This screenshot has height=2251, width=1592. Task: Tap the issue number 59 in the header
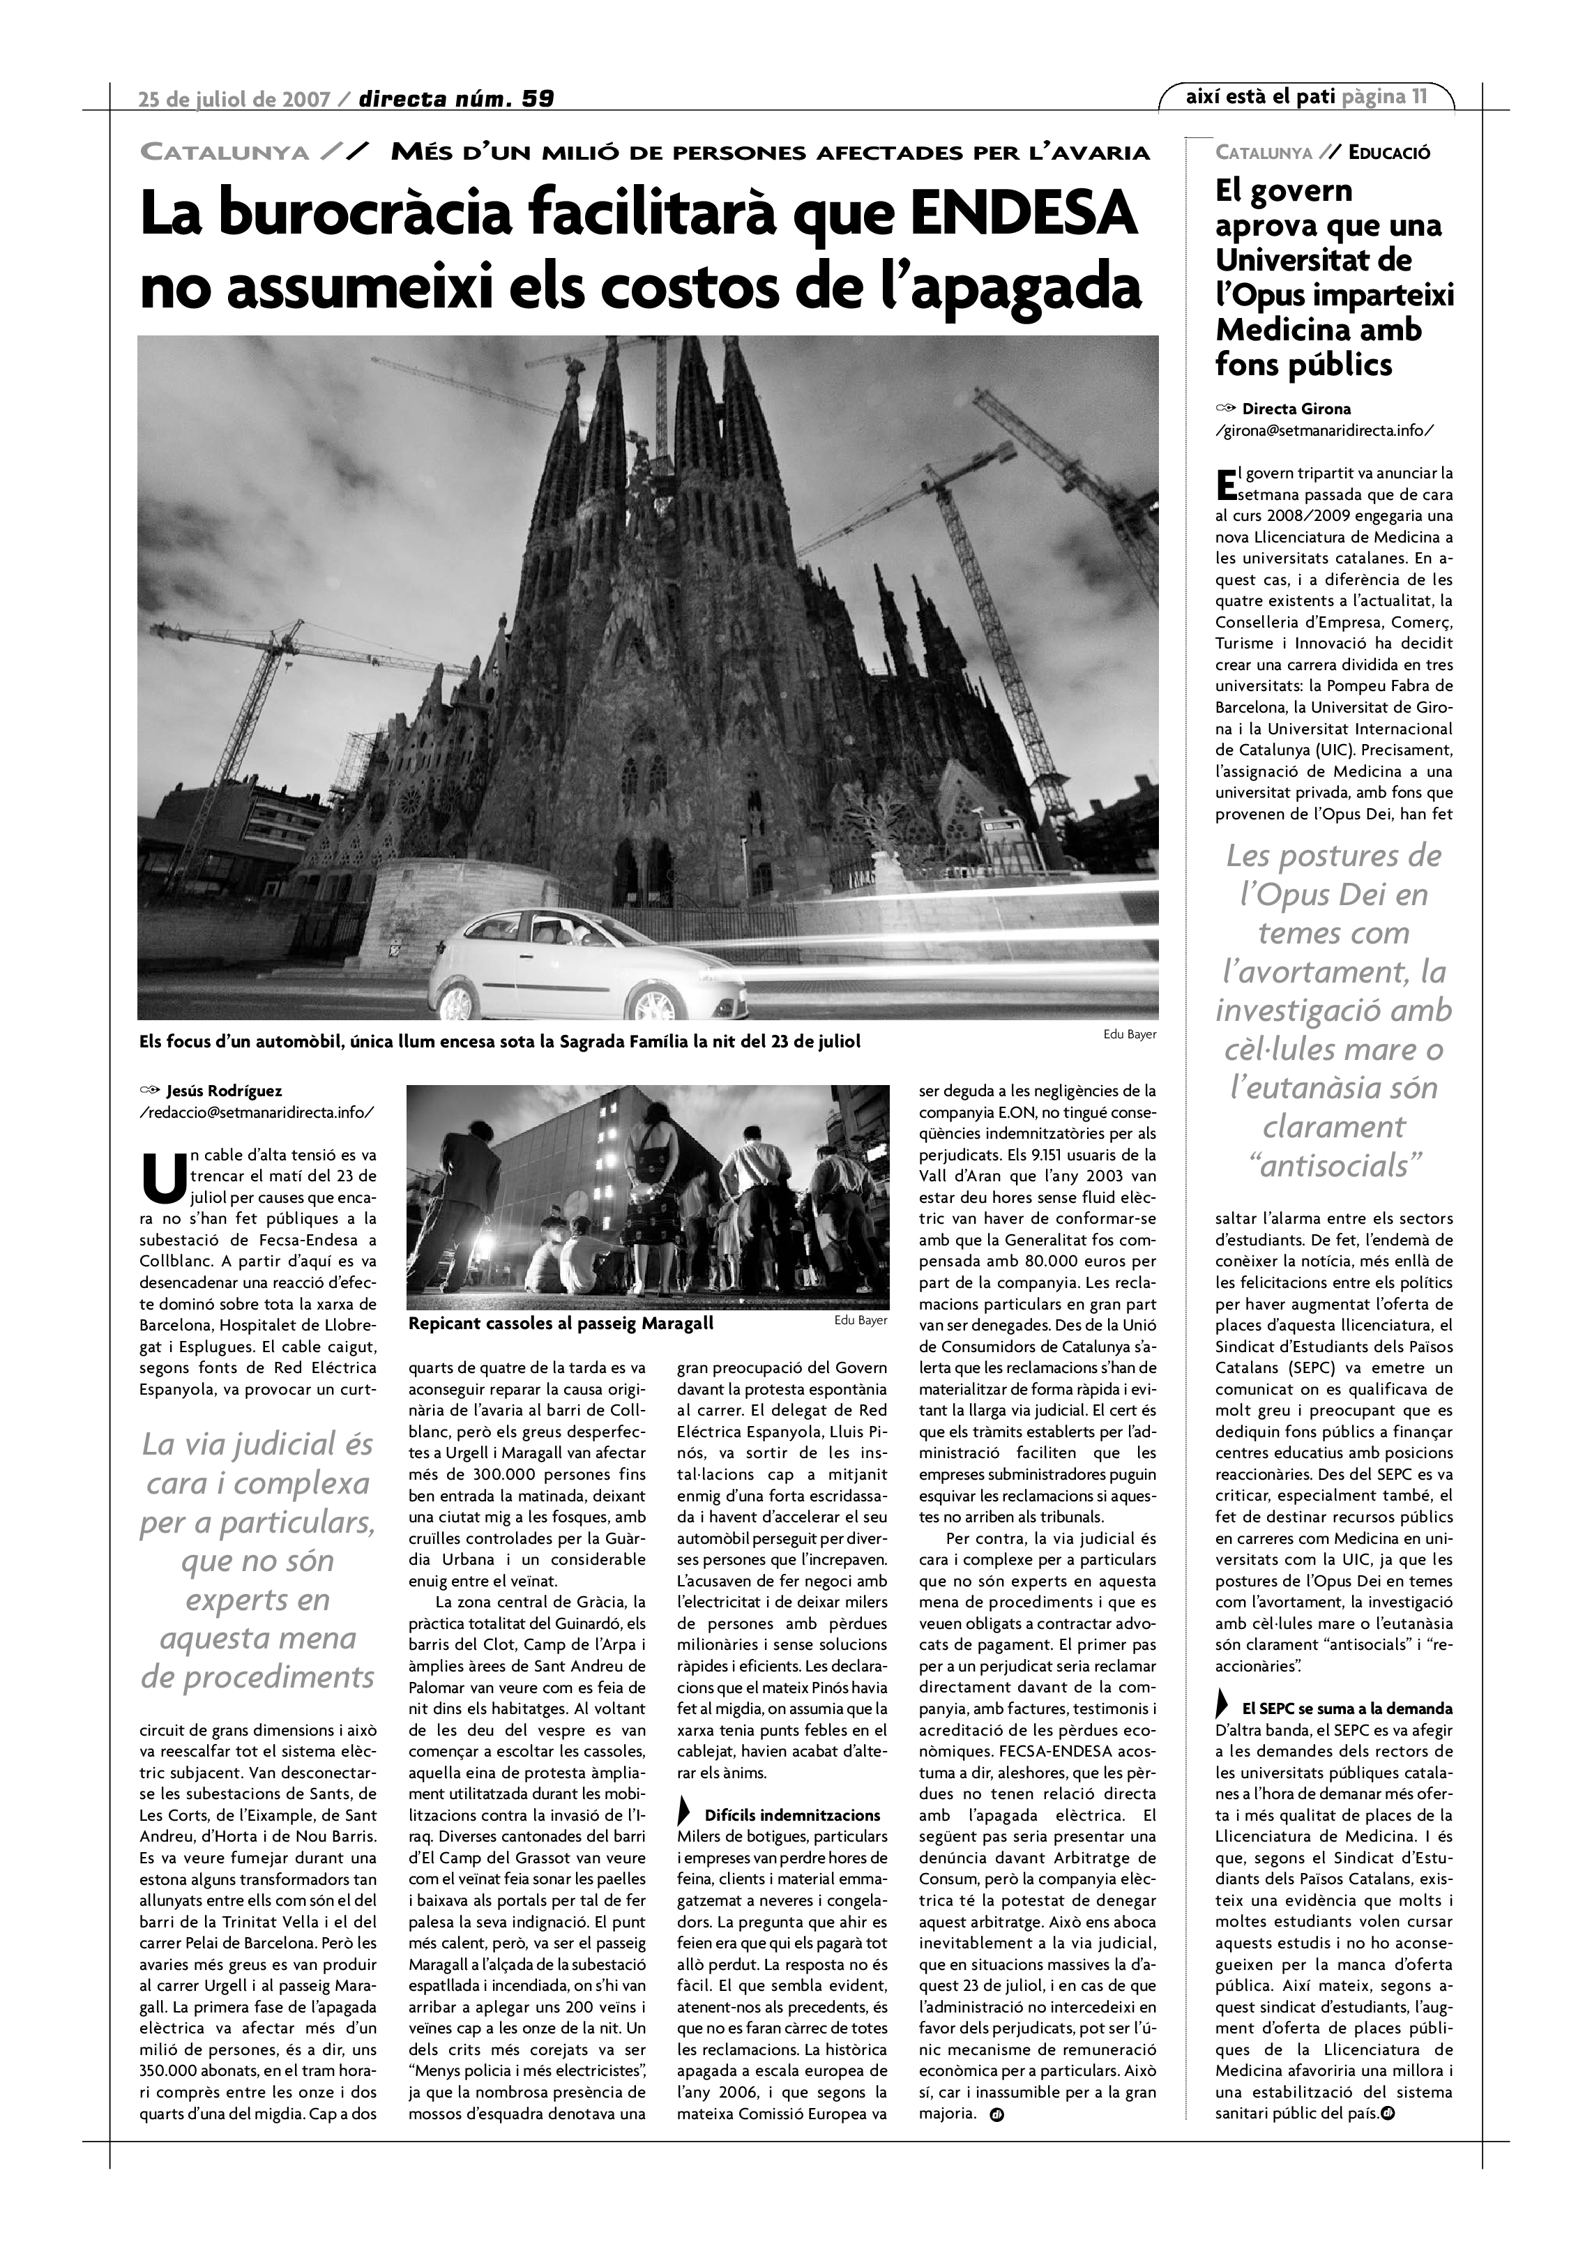537,98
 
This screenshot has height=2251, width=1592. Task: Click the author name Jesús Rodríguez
225,1090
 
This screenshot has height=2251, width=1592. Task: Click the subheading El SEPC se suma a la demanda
1347,1736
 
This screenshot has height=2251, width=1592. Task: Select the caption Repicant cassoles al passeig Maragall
561,1324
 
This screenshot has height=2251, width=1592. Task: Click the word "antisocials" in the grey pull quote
1333,1166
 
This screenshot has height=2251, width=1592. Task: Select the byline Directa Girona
1296,409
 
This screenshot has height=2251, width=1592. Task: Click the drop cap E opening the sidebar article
1225,483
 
